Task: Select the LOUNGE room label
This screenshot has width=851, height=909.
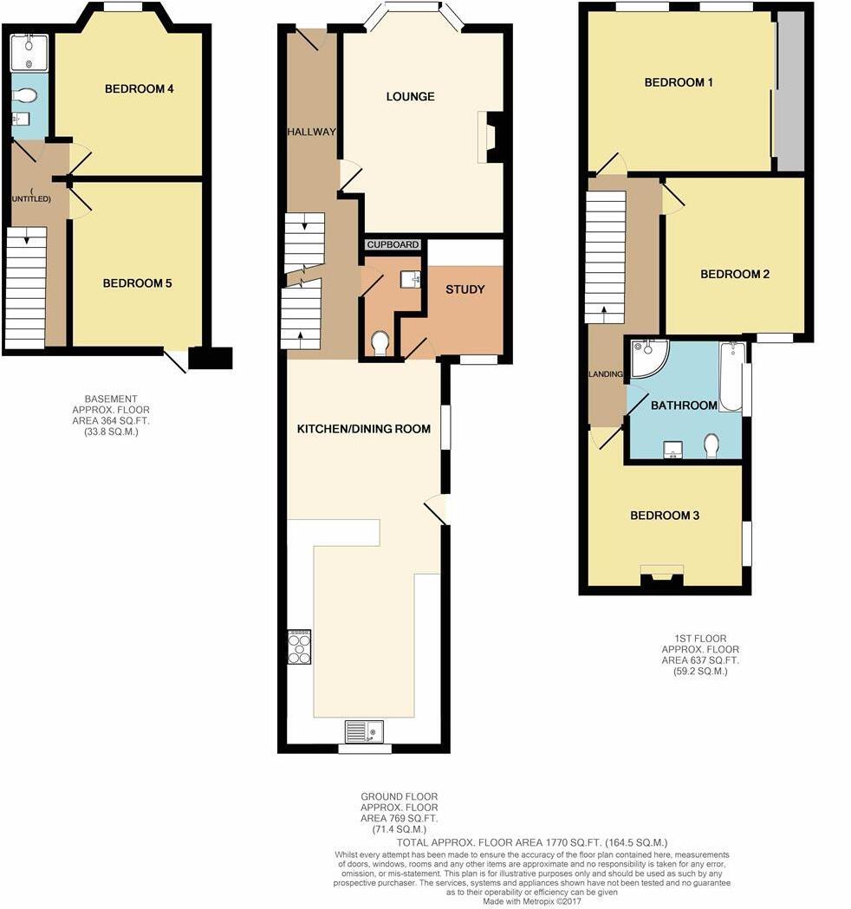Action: coord(410,96)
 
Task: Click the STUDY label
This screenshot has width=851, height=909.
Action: coord(464,289)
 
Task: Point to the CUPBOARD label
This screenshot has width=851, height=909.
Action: coord(393,245)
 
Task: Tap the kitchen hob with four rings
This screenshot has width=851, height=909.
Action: coord(300,646)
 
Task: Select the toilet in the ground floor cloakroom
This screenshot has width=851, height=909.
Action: coord(379,344)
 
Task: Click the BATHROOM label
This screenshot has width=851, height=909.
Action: coord(684,406)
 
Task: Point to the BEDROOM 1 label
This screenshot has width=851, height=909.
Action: coord(679,82)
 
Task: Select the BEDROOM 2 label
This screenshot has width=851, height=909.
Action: coord(735,274)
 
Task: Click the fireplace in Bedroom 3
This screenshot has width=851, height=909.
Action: coord(662,576)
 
